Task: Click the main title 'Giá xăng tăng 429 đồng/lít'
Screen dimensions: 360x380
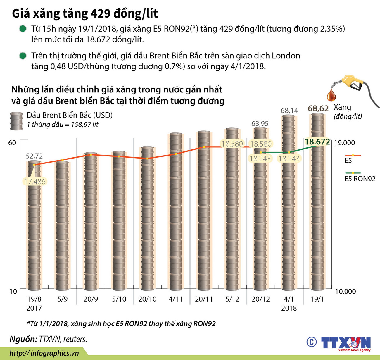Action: [x=85, y=13]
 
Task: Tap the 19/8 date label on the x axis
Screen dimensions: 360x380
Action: [x=34, y=299]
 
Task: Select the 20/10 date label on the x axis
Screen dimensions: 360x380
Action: [x=147, y=299]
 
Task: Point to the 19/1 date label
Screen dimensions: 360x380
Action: [x=317, y=299]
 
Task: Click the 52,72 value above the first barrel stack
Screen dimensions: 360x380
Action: [x=34, y=156]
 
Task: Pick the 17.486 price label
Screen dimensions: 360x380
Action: [x=35, y=182]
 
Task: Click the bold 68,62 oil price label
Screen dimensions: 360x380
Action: [x=318, y=108]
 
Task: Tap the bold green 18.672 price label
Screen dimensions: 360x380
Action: [x=317, y=142]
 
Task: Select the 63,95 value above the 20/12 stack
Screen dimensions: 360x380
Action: [x=260, y=123]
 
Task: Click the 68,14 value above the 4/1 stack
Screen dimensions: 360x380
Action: [x=289, y=111]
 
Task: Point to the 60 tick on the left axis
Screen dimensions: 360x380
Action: [x=12, y=143]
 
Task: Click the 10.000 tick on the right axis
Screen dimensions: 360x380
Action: [x=345, y=291]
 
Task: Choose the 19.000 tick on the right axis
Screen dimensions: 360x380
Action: [x=344, y=143]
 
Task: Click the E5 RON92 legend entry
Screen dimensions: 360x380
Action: [x=360, y=179]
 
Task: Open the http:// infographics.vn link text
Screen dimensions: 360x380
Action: [x=44, y=353]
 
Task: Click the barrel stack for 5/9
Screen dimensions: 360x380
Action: [x=62, y=225]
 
